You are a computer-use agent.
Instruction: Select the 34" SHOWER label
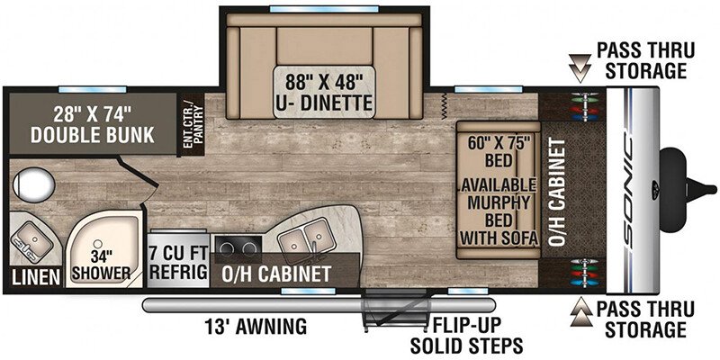(100, 267)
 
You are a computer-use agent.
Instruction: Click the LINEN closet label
(36, 276)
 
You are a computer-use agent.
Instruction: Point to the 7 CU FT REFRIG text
(178, 262)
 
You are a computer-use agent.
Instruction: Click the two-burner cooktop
(237, 249)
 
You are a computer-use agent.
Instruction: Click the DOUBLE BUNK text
(93, 135)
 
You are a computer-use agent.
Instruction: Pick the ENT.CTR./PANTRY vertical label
(193, 125)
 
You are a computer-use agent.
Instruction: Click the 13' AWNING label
(256, 327)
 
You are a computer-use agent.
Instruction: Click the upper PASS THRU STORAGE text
(644, 60)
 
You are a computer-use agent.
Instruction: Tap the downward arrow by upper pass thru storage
(580, 68)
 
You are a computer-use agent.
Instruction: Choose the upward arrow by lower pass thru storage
(580, 312)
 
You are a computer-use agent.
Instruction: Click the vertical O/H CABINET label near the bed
(556, 192)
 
